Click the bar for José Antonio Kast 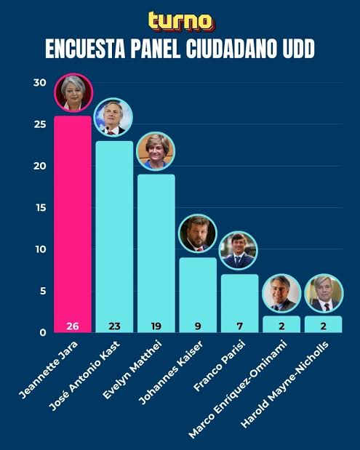point(113,233)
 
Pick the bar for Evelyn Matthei point(156,247)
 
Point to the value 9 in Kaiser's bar point(198,324)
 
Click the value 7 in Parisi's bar point(239,324)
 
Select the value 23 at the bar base point(113,324)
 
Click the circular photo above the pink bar point(73,93)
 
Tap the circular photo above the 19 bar point(156,151)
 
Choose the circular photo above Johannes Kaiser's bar point(198,233)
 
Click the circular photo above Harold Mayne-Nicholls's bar point(323,293)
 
